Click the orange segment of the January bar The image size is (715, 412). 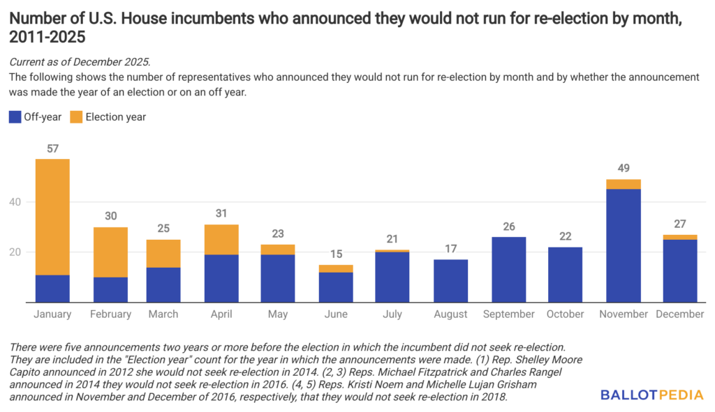tap(52, 217)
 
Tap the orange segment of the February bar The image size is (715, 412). tap(110, 252)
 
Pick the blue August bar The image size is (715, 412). tap(450, 280)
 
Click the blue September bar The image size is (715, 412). tap(509, 269)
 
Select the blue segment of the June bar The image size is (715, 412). tap(337, 287)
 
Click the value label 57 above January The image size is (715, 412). tap(52, 148)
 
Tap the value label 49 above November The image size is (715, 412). tap(623, 169)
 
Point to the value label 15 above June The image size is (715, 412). tap(337, 254)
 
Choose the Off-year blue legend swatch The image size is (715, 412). tap(15, 117)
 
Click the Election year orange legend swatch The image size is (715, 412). tap(75, 117)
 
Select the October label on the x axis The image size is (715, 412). tap(566, 314)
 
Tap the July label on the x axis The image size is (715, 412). tap(393, 314)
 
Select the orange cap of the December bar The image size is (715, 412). tap(679, 237)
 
